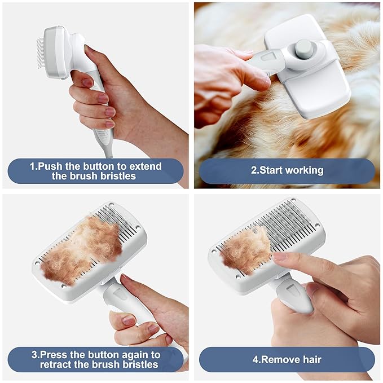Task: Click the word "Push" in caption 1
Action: (50, 166)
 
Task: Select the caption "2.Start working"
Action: (287, 170)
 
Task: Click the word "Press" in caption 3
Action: (54, 355)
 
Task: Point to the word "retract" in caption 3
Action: (56, 364)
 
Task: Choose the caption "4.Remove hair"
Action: (287, 359)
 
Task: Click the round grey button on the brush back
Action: (303, 47)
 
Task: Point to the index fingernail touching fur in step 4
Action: (280, 256)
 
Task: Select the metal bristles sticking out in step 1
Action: (41, 55)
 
